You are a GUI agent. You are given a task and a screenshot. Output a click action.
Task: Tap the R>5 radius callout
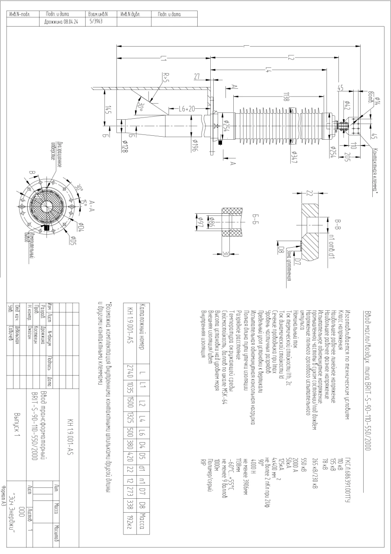pos(166,79)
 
